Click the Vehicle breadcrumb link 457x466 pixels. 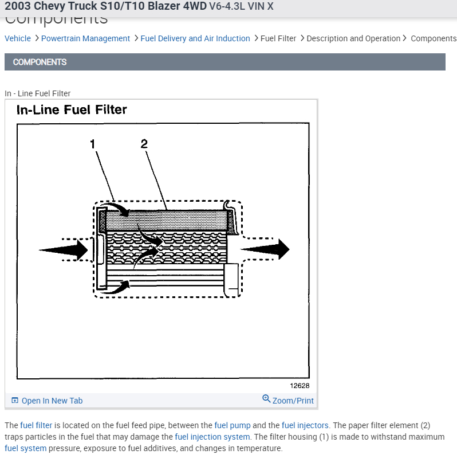(18, 38)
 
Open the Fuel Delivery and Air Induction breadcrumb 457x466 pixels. (195, 38)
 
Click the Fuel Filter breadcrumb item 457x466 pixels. (278, 38)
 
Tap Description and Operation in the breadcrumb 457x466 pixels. (353, 38)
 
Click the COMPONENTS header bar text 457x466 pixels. (40, 62)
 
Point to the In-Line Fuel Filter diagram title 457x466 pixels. (72, 109)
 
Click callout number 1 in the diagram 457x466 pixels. (93, 144)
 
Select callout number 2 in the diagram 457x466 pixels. (144, 144)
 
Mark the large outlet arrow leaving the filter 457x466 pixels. (265, 249)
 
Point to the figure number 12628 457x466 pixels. (300, 386)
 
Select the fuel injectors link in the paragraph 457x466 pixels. (305, 425)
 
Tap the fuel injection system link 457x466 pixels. (212, 437)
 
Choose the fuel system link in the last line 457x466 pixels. (25, 448)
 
